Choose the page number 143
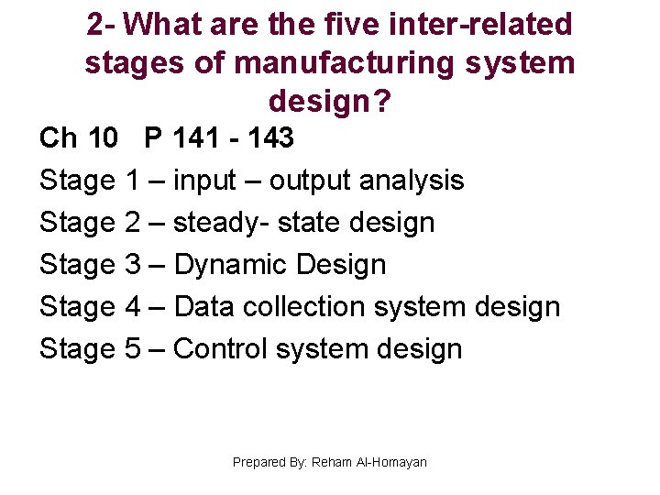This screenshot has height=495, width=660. coord(269,138)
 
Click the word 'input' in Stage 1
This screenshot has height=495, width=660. coord(204,181)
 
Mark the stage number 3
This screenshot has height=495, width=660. coord(131,265)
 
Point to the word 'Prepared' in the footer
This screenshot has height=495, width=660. coord(259,462)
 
